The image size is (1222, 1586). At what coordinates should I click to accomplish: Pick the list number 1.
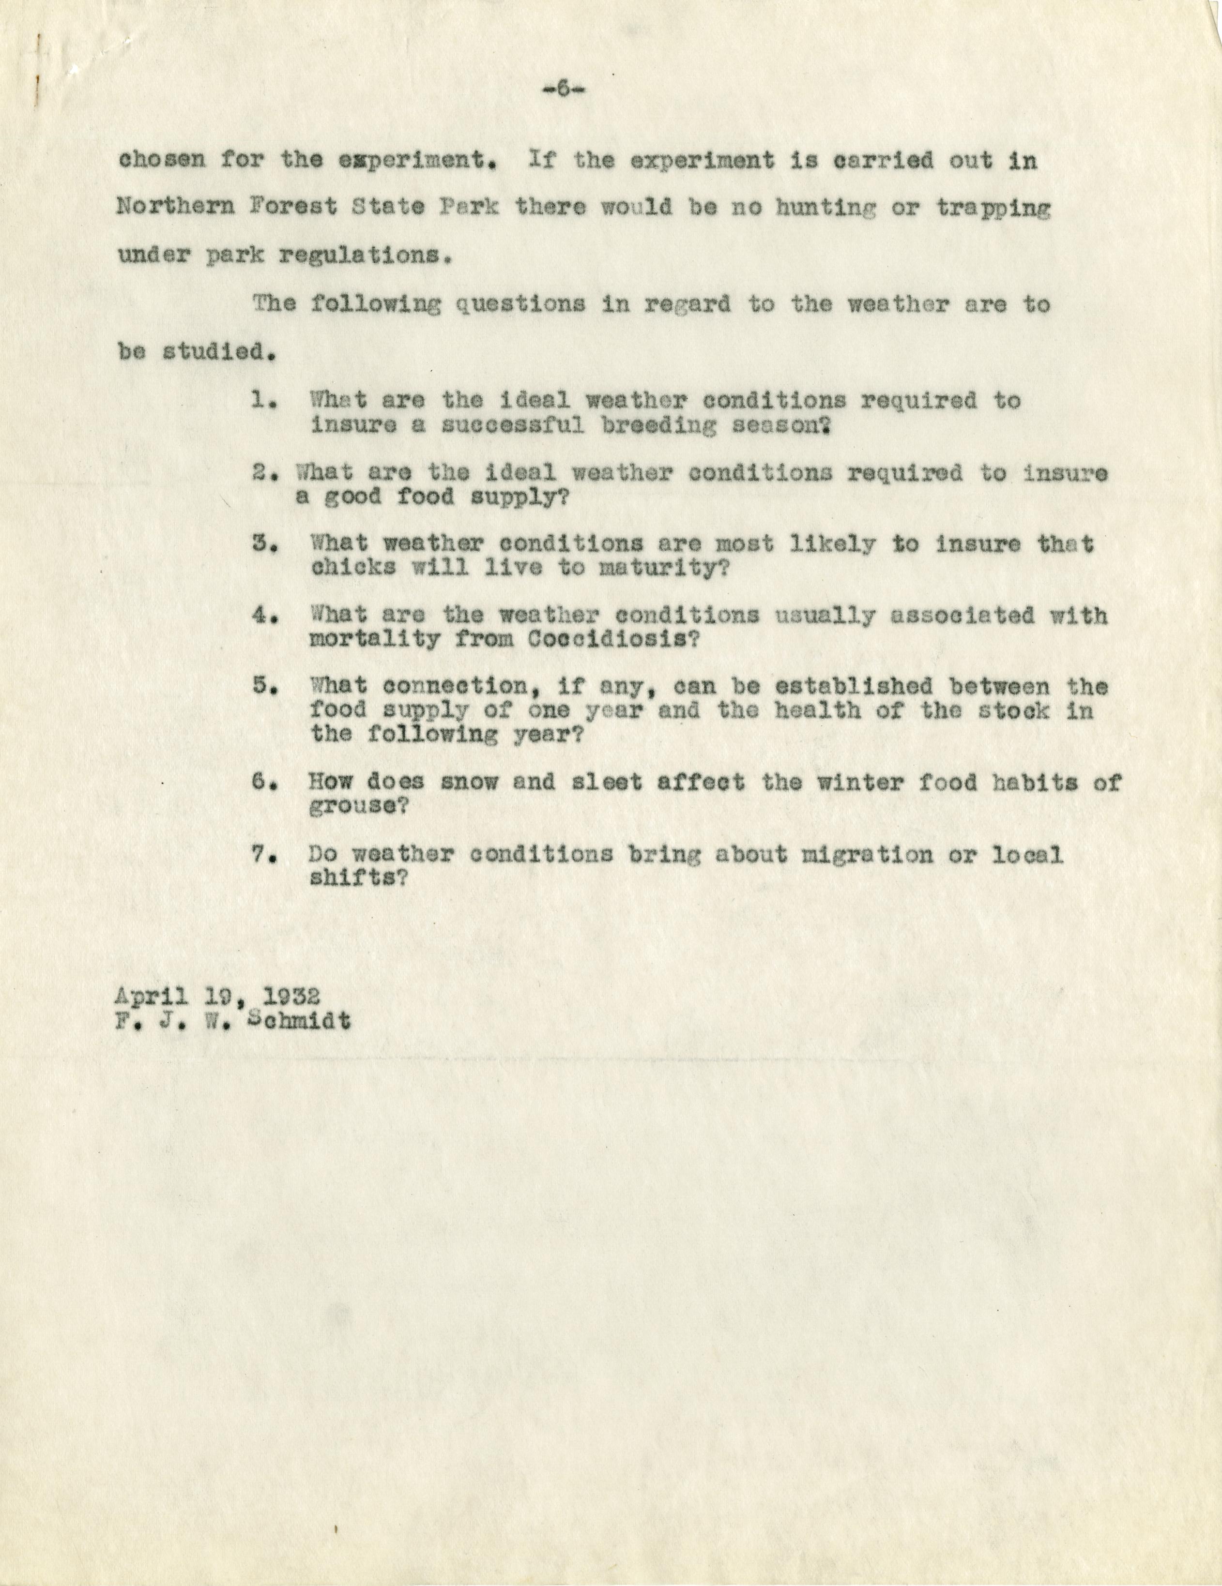tap(261, 400)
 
